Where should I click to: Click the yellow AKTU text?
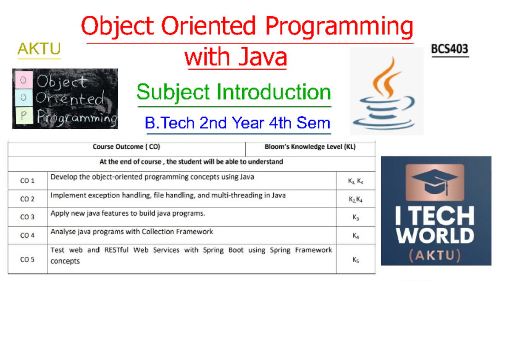pyautogui.click(x=39, y=49)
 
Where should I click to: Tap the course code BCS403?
pyautogui.click(x=450, y=49)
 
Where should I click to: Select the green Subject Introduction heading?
pyautogui.click(x=234, y=92)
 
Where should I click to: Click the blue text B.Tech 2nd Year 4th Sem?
pyautogui.click(x=237, y=123)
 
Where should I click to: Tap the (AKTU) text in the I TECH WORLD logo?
pyautogui.click(x=435, y=255)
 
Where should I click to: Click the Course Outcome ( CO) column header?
pyautogui.click(x=126, y=147)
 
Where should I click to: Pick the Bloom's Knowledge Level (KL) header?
pyautogui.click(x=310, y=147)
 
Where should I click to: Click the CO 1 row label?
pyautogui.click(x=27, y=181)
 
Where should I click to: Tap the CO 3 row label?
pyautogui.click(x=27, y=217)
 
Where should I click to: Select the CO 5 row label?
pyautogui.click(x=27, y=259)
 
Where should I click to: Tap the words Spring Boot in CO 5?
pyautogui.click(x=224, y=250)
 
